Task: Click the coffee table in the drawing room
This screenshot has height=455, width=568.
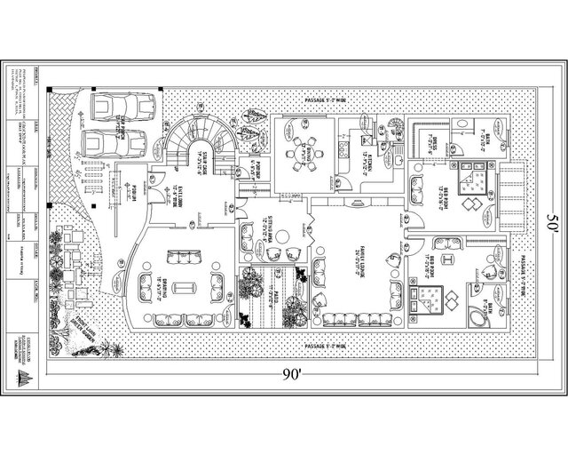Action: pyautogui.click(x=185, y=286)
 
